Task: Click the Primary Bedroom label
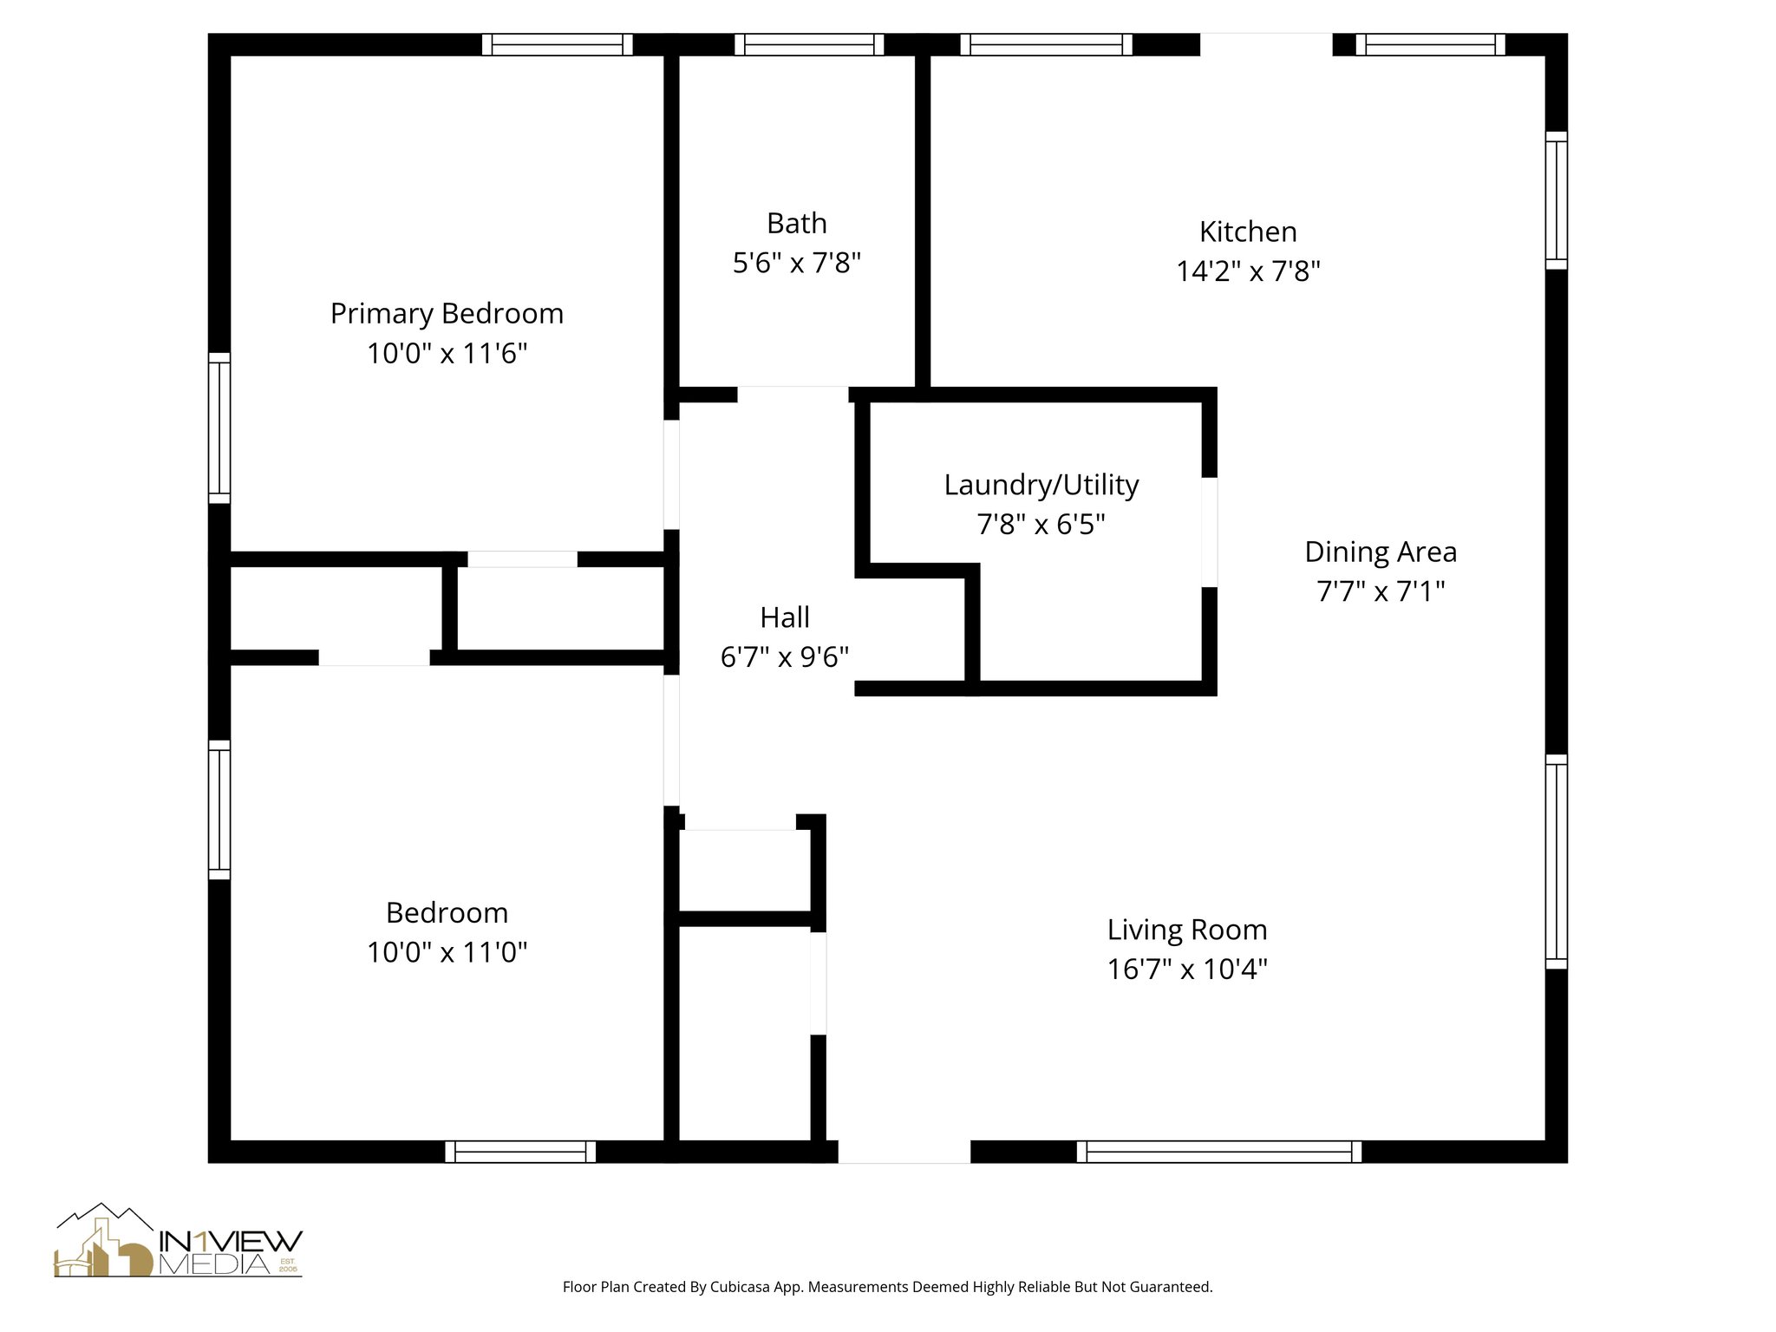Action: coord(447,313)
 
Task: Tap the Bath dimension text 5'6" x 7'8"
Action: coord(796,263)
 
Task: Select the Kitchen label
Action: coord(1248,232)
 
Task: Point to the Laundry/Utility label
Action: coord(1041,485)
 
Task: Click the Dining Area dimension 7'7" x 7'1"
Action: coord(1381,591)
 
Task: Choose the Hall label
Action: coord(785,617)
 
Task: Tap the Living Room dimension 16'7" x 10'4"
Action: coord(1187,969)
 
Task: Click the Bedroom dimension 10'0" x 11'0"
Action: coord(447,952)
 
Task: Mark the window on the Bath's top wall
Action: coord(809,44)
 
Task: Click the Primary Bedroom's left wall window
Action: coord(219,428)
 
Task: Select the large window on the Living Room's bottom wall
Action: coord(1218,1152)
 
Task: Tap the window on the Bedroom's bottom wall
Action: coord(520,1152)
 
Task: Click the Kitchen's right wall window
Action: coord(1557,200)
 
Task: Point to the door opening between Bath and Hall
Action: coord(793,395)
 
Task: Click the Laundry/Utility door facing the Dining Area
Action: coord(1209,532)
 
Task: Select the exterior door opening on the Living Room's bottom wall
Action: coord(904,1152)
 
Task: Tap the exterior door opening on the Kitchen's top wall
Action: coord(1265,44)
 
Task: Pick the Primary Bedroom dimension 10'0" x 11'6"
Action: coord(447,354)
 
